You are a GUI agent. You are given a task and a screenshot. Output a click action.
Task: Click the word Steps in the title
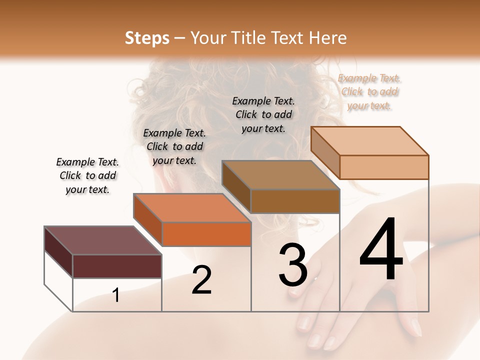[147, 38]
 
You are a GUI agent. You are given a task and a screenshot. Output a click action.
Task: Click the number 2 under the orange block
[201, 280]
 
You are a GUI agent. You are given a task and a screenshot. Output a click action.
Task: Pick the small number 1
[116, 295]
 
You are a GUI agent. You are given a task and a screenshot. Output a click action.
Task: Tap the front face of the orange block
[206, 234]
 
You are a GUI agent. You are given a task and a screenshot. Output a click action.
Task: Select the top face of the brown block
[280, 175]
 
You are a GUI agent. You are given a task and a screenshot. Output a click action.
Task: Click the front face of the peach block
[384, 167]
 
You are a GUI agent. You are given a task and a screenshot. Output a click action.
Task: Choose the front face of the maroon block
[117, 266]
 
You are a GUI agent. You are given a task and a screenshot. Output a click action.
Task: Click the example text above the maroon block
[87, 176]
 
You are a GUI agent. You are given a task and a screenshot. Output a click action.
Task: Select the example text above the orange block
[174, 146]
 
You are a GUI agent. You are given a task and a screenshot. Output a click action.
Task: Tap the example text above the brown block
[263, 114]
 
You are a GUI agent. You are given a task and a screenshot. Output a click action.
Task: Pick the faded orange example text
[369, 92]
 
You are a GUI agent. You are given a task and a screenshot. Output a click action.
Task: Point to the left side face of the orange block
[147, 218]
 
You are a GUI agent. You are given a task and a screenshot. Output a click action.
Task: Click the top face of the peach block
[369, 140]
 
